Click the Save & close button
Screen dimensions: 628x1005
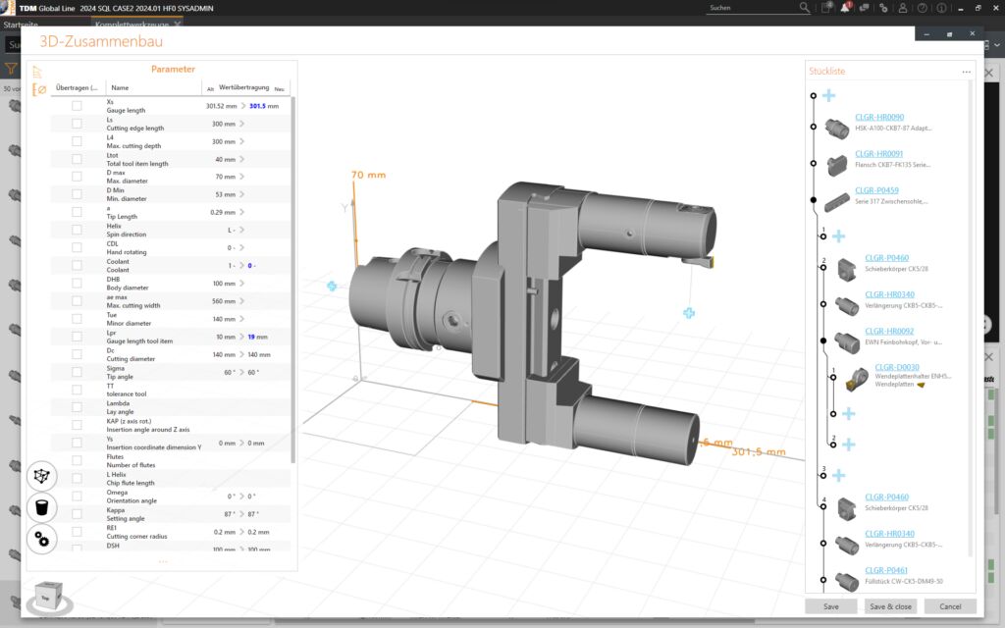click(x=890, y=606)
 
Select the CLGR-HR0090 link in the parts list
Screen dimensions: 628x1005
click(x=878, y=117)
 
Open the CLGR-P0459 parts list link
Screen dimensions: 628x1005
click(x=875, y=190)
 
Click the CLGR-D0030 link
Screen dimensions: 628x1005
click(x=896, y=367)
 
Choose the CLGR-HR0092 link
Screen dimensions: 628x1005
click(x=888, y=331)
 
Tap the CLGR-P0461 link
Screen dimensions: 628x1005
click(x=885, y=570)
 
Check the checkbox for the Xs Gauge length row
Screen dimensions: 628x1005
click(x=77, y=106)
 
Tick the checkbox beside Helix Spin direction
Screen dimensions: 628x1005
click(x=77, y=230)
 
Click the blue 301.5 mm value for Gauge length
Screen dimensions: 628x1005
click(x=264, y=106)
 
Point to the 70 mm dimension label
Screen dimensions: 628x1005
click(x=369, y=175)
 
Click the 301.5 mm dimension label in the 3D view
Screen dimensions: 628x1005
click(x=762, y=451)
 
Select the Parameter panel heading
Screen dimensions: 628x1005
click(x=173, y=69)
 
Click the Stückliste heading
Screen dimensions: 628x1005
click(x=826, y=72)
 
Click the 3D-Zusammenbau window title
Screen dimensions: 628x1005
click(x=101, y=41)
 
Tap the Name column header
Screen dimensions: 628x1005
click(x=121, y=88)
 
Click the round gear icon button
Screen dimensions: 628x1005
click(x=42, y=538)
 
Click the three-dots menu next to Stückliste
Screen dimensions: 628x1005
click(x=966, y=72)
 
